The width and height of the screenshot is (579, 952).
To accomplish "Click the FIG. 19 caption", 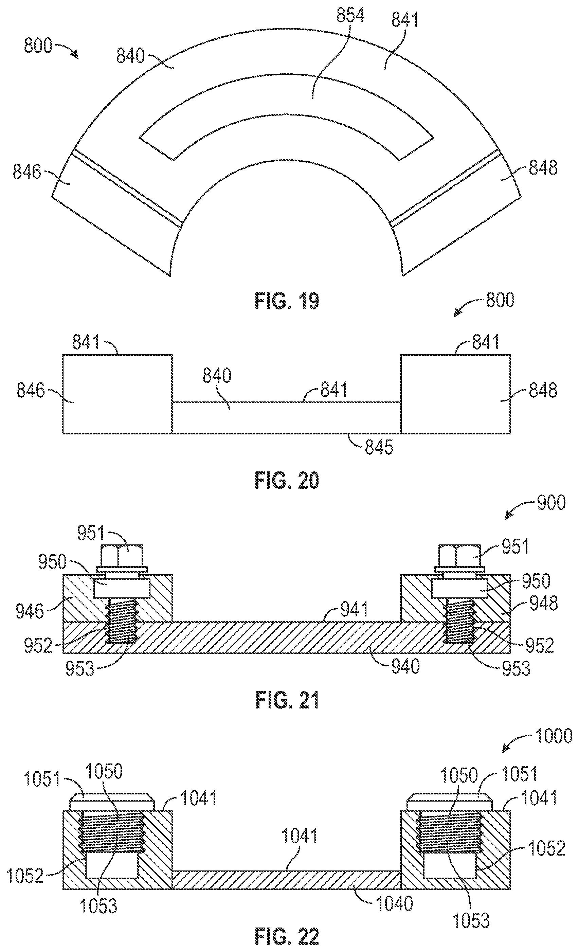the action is click(287, 301).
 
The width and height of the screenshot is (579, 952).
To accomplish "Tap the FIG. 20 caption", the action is click(287, 481).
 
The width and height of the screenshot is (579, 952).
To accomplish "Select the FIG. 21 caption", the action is click(287, 700).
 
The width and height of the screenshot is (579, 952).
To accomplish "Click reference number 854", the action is click(350, 16).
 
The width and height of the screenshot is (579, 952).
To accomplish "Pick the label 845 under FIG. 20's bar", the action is click(379, 447).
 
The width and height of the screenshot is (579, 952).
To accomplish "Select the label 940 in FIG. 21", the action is click(405, 666).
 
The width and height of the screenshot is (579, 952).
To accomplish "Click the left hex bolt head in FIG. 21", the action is click(122, 555).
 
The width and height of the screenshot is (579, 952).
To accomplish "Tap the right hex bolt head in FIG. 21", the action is click(460, 555).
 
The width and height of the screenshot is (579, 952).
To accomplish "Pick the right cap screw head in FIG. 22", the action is click(450, 802).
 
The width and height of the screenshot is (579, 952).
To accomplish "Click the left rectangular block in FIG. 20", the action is click(117, 394).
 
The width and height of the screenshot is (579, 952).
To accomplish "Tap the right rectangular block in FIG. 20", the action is click(456, 394).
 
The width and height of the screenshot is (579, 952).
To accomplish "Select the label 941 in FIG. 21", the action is click(354, 610).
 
